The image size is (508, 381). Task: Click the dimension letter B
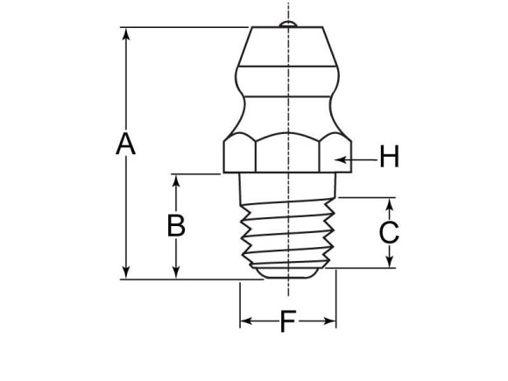[x=176, y=225]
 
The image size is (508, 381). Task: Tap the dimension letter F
[x=287, y=322]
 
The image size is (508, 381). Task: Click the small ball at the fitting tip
[x=287, y=23]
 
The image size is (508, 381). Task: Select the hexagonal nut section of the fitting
[x=287, y=153]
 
